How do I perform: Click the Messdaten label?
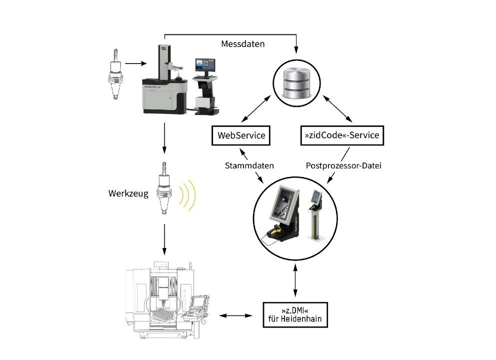point(243,44)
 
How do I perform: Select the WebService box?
point(241,135)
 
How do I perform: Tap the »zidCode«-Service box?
point(342,135)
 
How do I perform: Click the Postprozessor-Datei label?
point(343,165)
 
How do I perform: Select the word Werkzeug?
point(128,193)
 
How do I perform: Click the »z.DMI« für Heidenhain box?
point(294,314)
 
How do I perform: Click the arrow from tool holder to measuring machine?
point(135,63)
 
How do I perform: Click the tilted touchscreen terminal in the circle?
point(283,210)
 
